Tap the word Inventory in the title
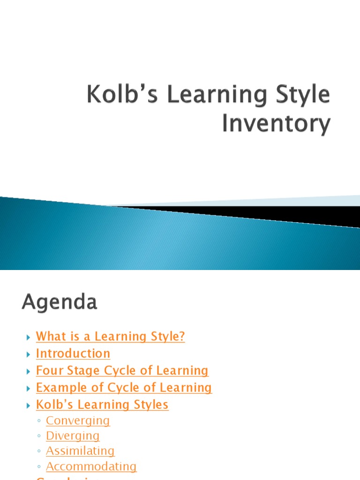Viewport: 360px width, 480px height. (276, 124)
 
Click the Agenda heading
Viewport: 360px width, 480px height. (59, 302)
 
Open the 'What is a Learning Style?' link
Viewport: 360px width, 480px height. (110, 337)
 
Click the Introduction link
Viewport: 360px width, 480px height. (73, 353)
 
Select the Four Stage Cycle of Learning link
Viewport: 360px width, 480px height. (122, 370)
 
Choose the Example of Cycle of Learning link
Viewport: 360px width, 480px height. (124, 388)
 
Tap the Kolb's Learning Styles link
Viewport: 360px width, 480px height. (102, 405)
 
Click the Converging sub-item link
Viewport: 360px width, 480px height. (78, 420)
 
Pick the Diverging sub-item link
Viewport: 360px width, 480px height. (73, 436)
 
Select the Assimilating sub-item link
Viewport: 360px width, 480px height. (80, 451)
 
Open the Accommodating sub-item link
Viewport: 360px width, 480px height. (91, 466)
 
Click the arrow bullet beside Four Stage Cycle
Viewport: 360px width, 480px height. (28, 371)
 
